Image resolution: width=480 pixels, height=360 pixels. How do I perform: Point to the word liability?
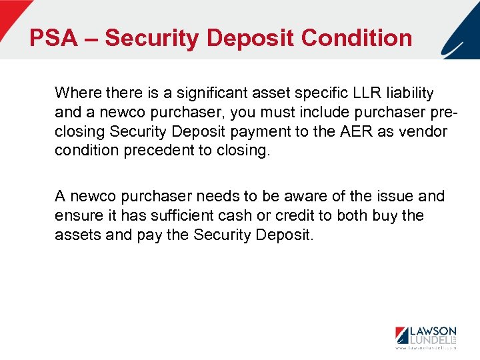408,93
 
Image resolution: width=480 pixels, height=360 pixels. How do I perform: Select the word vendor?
423,131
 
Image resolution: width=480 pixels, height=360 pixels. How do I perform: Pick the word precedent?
163,151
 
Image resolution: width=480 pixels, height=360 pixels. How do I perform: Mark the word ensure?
75,216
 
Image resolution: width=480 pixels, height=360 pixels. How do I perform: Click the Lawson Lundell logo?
425,335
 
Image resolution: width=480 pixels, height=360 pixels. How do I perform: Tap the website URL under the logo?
425,348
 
